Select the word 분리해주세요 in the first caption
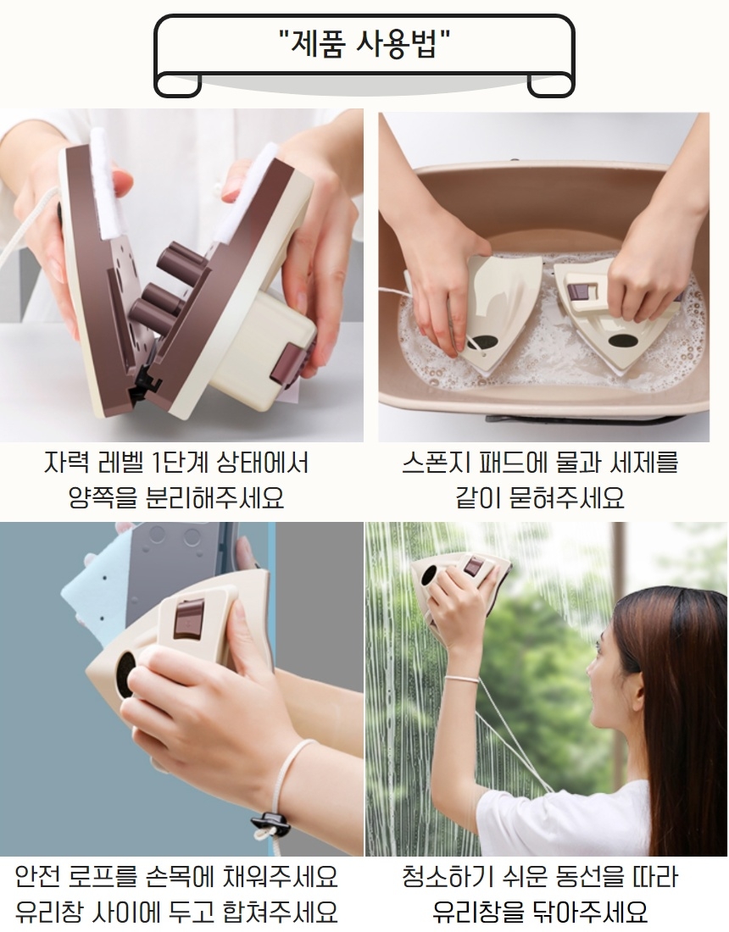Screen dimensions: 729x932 214,497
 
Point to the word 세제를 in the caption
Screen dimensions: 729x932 644,463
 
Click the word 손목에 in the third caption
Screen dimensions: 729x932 179,877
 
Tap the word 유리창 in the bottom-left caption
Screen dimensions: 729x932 49,911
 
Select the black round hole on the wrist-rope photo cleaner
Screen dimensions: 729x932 125,674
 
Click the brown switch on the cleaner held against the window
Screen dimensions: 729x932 473,566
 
